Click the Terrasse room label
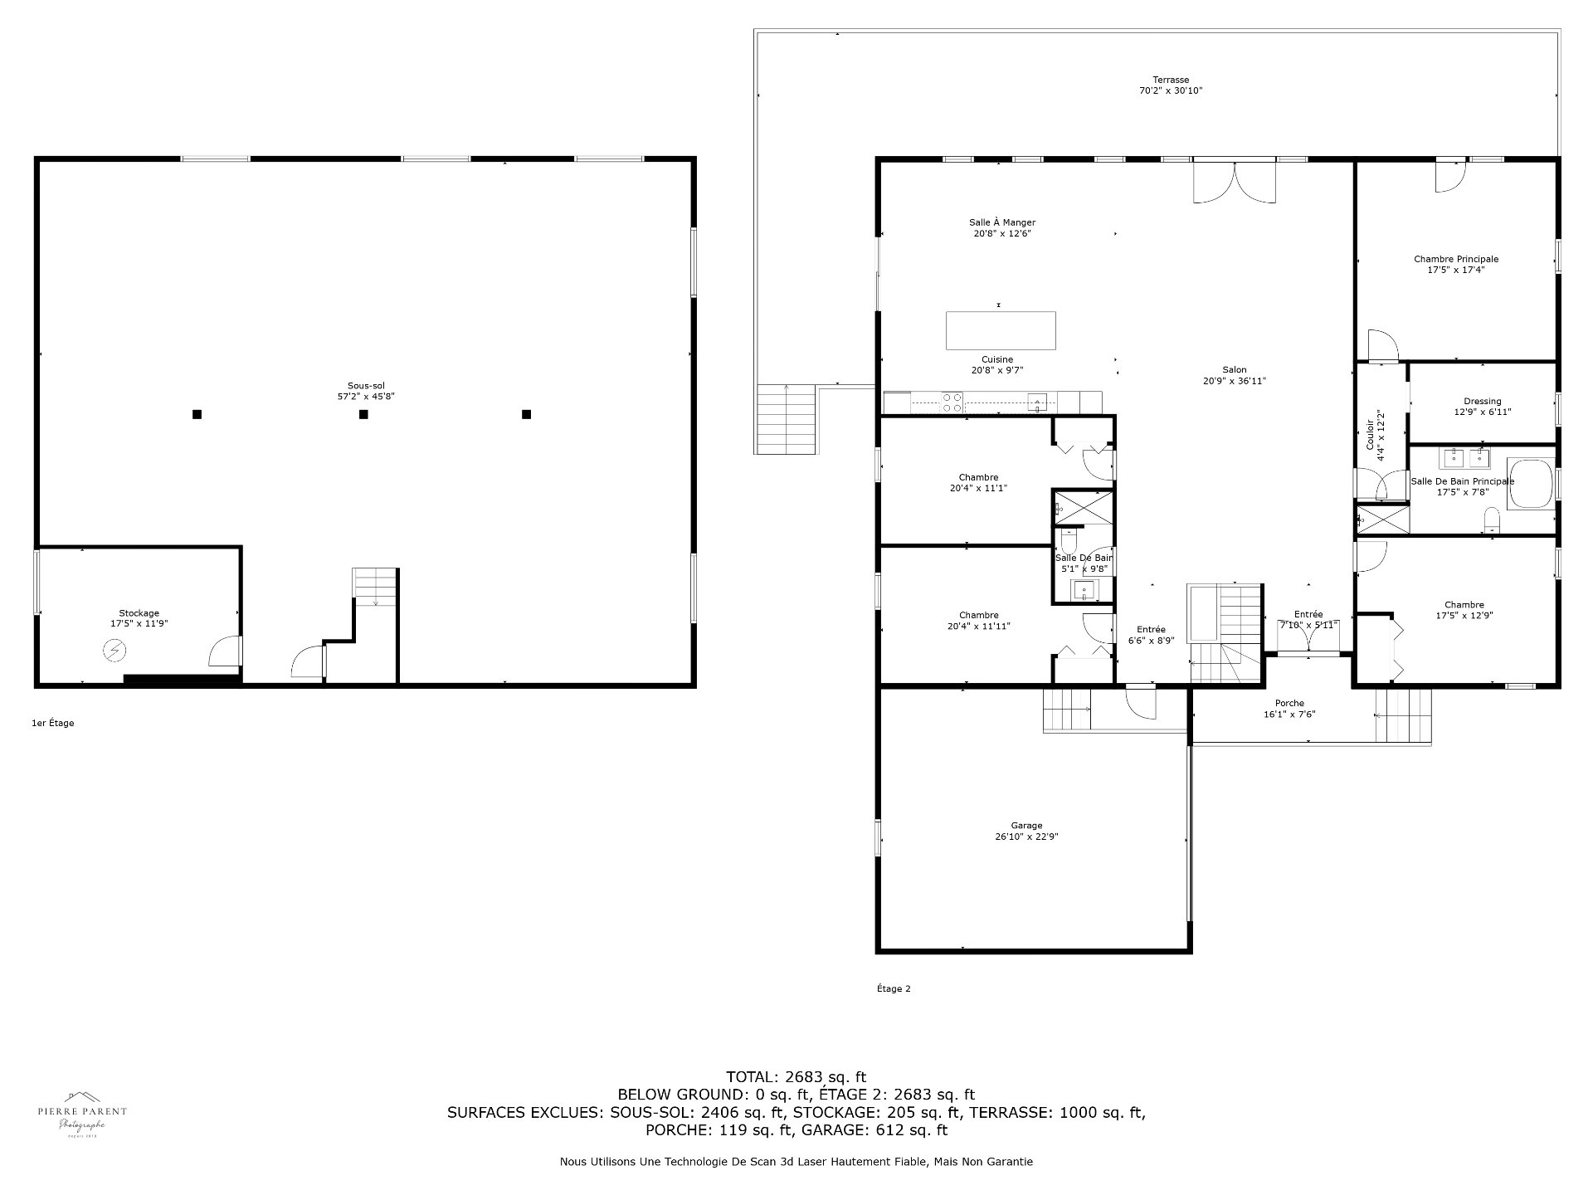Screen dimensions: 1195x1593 pos(1170,80)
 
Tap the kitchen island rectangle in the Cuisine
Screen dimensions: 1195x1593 pos(1001,330)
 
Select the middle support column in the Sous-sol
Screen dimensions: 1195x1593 pos(363,414)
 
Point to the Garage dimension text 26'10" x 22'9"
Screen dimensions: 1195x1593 pos(1026,836)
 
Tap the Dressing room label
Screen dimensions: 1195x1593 pos(1482,402)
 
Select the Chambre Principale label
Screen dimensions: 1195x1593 pos(1456,259)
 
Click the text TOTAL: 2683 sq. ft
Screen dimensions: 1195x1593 pos(796,1077)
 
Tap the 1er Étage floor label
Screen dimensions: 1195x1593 pos(53,723)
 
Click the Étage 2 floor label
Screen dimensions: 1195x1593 pos(894,988)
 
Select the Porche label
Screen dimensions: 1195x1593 pos(1289,703)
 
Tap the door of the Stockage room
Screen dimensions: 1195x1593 pos(224,652)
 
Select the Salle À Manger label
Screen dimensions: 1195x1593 pos(1001,222)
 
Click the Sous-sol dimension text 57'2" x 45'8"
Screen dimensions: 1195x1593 pos(366,397)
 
